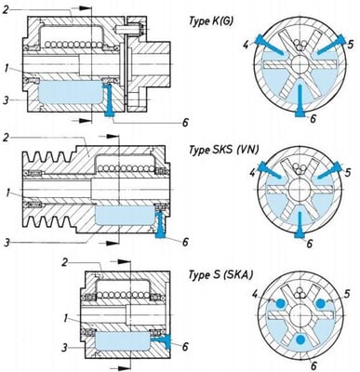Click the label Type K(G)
point(213,20)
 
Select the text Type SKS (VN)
point(220,150)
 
